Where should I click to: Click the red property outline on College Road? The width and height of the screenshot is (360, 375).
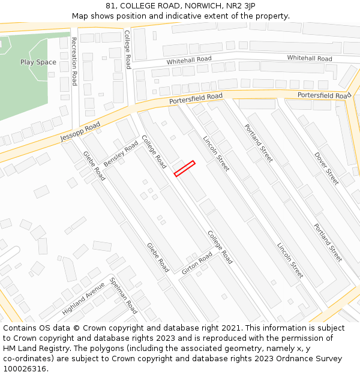[x=184, y=169]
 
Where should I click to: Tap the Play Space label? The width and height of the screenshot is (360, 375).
[x=38, y=62]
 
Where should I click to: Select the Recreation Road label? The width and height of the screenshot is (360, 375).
[x=74, y=61]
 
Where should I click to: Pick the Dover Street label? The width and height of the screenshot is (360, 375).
[x=326, y=169]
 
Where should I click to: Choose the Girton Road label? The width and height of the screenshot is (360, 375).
[x=197, y=264]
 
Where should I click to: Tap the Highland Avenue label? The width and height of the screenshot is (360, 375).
[x=83, y=299]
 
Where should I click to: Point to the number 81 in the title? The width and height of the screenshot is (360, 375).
[x=110, y=6]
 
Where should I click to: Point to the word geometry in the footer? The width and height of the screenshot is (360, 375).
[x=240, y=349]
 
